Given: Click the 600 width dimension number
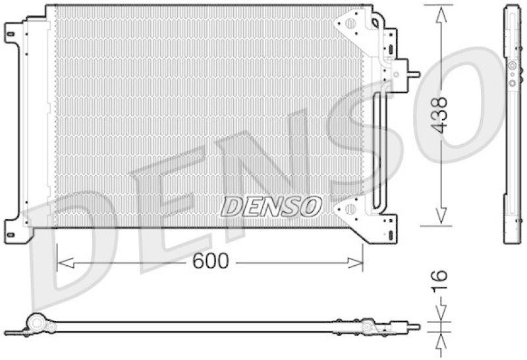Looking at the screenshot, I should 210,262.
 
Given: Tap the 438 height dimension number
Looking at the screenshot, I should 439,115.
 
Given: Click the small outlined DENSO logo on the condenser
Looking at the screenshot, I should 270,206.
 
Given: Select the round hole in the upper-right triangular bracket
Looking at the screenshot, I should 350,23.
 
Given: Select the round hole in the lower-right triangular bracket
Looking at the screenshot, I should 350,209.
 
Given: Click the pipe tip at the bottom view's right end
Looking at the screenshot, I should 414,325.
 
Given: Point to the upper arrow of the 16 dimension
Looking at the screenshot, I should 440,315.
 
